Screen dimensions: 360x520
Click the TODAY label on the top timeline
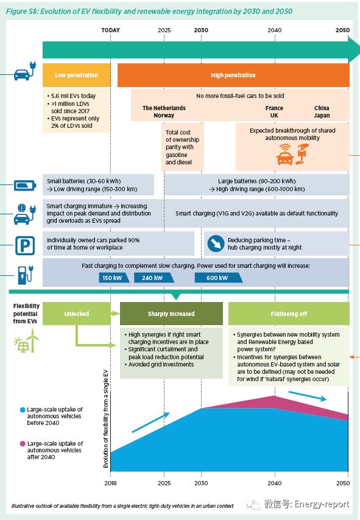pos(110,30)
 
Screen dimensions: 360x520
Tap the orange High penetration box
pos(233,76)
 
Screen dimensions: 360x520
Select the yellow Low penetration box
pos(76,76)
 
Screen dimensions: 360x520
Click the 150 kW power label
pos(113,278)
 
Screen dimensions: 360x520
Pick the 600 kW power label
pos(218,278)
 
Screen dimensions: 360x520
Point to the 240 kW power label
pos(154,278)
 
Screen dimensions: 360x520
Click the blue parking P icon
pos(25,246)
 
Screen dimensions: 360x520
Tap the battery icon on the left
pos(25,185)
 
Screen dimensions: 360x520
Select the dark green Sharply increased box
pos(171,314)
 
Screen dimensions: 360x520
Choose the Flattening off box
pos(289,314)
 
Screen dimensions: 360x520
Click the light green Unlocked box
pos(76,314)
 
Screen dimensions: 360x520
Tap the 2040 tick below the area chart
pos(274,483)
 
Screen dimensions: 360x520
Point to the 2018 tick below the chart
pos(110,483)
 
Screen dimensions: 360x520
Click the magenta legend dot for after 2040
pos(23,444)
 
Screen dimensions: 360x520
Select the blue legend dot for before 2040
pos(23,410)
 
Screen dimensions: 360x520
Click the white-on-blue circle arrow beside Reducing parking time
pos(216,244)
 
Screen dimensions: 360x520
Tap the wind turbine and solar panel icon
pos(26,340)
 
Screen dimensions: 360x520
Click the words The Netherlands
pos(164,108)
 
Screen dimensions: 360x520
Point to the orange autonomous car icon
pos(285,155)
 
